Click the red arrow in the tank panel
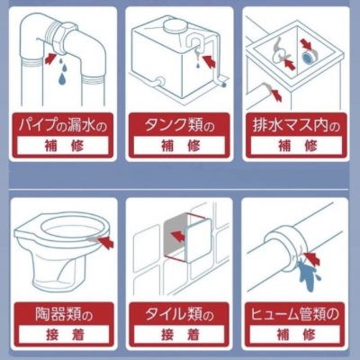pyautogui.click(x=209, y=59)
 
